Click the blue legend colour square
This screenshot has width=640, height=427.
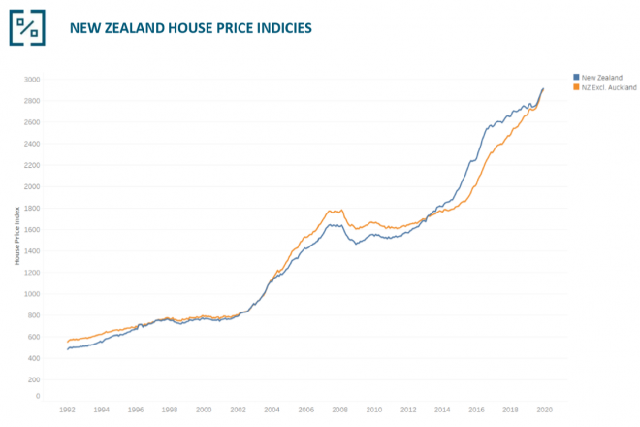tap(576, 77)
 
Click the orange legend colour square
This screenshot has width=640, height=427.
tap(576, 86)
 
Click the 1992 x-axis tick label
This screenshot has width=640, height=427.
tap(67, 411)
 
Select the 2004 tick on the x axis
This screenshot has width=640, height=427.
tap(272, 411)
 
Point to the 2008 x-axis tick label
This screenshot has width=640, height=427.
tap(339, 411)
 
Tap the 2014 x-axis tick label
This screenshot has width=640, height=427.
tap(441, 411)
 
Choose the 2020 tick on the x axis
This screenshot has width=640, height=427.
tap(544, 411)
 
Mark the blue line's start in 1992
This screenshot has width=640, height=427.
tap(67, 349)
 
